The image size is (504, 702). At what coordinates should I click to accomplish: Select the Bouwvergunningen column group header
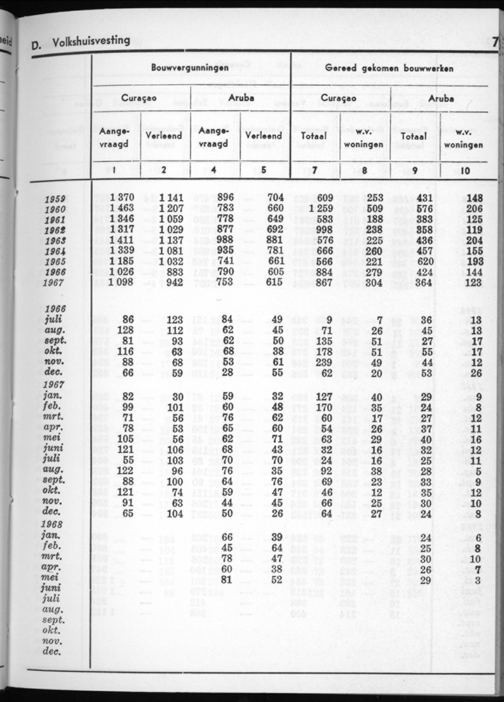[x=190, y=68]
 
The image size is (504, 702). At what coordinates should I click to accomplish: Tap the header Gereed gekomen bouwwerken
[x=390, y=68]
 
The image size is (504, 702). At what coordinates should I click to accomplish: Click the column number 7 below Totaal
[x=315, y=171]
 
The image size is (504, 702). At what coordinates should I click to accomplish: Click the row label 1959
[x=55, y=199]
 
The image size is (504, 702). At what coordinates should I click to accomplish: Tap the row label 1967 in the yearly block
[x=55, y=283]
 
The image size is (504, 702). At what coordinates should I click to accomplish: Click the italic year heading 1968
[x=54, y=524]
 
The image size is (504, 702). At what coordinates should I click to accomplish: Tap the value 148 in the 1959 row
[x=472, y=198]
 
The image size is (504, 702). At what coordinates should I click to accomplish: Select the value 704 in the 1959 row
[x=272, y=198]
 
